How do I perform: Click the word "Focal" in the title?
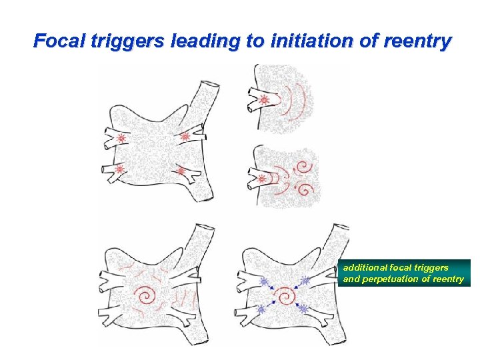coord(55,41)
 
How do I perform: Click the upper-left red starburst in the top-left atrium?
coord(121,139)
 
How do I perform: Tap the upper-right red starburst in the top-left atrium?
coord(185,136)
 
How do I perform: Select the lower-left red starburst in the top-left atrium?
coord(120,169)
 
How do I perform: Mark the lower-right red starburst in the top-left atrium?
coord(181,171)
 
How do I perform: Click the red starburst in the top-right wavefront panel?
coord(264,101)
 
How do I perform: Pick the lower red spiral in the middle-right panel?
coord(304,189)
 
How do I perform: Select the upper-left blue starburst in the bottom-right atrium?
coord(263,281)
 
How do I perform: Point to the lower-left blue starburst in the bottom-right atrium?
coord(261,310)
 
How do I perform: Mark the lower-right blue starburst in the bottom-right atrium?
coord(303,309)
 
